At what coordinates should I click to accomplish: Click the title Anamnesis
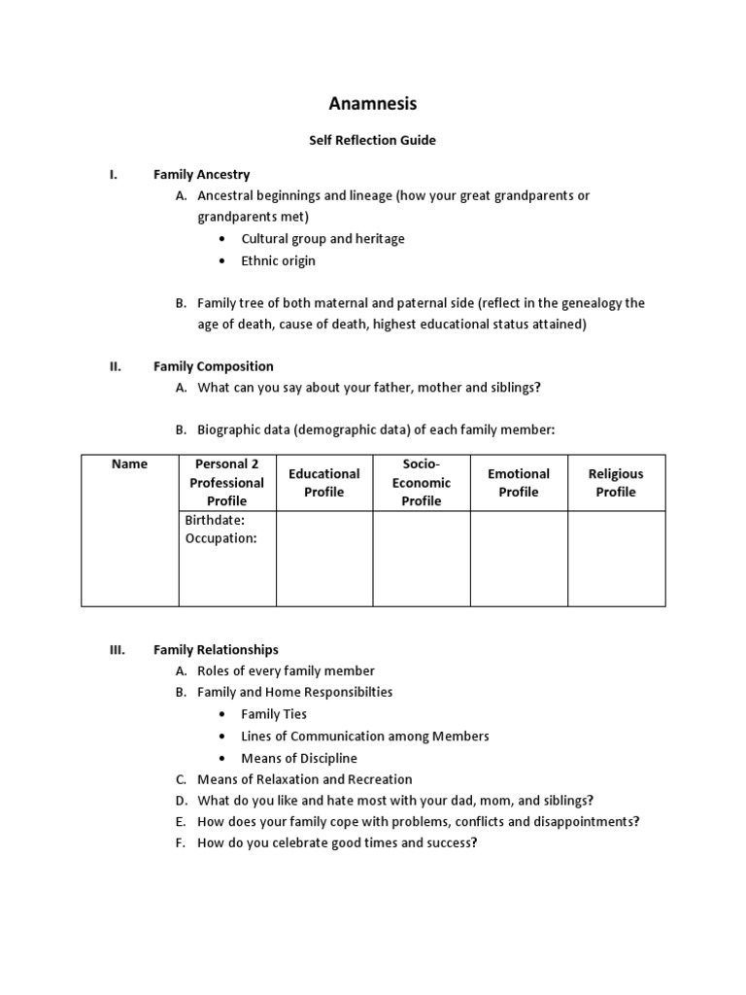(x=372, y=103)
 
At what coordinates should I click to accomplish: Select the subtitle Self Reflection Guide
(x=372, y=140)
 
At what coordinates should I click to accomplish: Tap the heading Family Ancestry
(x=201, y=175)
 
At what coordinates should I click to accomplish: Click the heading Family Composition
(x=213, y=366)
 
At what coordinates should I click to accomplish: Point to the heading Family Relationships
(x=216, y=649)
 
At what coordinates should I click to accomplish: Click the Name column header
(x=129, y=464)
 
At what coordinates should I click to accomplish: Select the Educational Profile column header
(x=324, y=483)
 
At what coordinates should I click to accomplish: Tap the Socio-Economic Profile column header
(x=422, y=483)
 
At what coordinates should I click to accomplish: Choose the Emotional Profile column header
(x=519, y=483)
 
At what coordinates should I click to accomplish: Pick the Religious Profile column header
(x=616, y=483)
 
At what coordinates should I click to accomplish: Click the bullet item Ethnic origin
(x=278, y=260)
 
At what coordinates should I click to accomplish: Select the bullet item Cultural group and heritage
(x=322, y=239)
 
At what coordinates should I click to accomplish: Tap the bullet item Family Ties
(x=274, y=714)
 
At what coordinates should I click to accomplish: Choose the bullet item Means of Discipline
(x=299, y=758)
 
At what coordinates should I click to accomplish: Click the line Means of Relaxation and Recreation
(x=304, y=779)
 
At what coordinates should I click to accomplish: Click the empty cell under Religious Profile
(x=616, y=558)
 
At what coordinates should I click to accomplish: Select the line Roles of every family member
(x=286, y=670)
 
